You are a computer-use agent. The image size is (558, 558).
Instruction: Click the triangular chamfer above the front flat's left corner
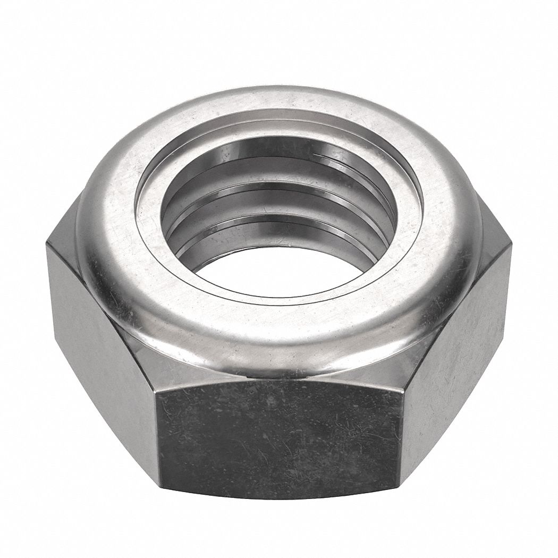point(143,367)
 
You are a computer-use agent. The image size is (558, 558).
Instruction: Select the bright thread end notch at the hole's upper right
point(324,155)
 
